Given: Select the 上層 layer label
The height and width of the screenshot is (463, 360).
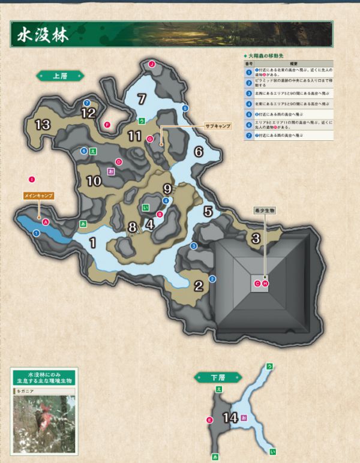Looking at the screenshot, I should [x=59, y=76].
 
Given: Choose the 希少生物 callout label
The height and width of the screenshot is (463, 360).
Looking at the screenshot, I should [x=264, y=211].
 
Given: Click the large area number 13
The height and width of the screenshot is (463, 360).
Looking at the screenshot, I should [x=42, y=125].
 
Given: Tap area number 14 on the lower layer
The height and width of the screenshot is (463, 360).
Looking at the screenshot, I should [x=230, y=418].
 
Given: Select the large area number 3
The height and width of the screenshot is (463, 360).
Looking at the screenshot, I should [x=256, y=238].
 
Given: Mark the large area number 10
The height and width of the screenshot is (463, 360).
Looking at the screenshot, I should [x=94, y=181].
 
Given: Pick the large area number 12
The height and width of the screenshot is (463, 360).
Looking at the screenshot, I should [x=88, y=113].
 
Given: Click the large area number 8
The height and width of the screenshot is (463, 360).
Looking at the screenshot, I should [x=133, y=227].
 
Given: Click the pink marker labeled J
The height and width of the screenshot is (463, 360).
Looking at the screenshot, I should [x=152, y=64].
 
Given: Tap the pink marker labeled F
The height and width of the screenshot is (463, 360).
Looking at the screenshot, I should [x=107, y=125].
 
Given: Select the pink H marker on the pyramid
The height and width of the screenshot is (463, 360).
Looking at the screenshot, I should [x=265, y=283].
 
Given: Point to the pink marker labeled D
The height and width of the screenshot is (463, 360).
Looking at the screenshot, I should [x=119, y=162].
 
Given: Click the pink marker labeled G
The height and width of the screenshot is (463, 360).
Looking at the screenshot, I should [x=150, y=139].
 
